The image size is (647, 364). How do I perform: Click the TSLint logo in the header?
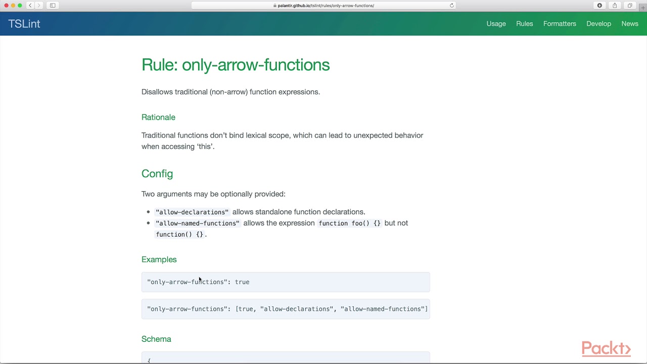(x=24, y=24)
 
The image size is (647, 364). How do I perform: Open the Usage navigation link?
(x=496, y=24)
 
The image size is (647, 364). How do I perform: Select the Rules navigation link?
(x=524, y=24)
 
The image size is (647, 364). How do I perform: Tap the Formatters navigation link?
(x=560, y=24)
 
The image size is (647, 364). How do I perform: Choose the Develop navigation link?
(x=598, y=24)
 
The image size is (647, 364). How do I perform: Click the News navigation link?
(x=630, y=24)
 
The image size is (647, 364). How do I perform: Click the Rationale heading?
(x=158, y=117)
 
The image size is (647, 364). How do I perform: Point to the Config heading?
(x=157, y=174)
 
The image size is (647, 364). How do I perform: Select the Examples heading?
(x=159, y=259)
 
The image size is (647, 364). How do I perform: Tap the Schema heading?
(x=156, y=339)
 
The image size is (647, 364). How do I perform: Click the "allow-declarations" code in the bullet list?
(x=192, y=212)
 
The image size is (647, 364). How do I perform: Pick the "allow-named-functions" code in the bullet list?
(x=198, y=223)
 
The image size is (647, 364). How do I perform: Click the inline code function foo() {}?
(x=349, y=223)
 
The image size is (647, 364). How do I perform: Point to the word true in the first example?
(x=242, y=282)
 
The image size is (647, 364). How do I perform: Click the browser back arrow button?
(x=30, y=6)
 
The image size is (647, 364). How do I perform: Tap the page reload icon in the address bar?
(x=452, y=6)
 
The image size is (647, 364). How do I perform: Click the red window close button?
(x=6, y=6)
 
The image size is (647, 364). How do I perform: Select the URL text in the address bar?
(x=326, y=6)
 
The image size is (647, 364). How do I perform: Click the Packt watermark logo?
(x=606, y=349)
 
